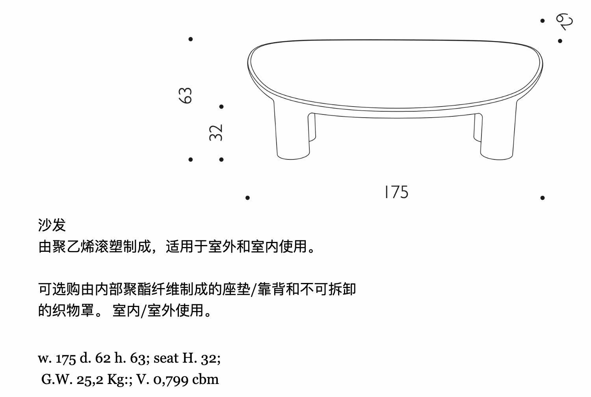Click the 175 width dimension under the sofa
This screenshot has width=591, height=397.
click(x=396, y=192)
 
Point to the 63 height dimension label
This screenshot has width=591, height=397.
click(x=186, y=96)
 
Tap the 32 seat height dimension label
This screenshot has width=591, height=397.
click(x=216, y=133)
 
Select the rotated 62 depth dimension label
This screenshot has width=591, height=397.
click(x=564, y=21)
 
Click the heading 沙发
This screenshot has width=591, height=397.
click(x=52, y=225)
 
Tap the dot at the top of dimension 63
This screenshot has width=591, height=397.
click(x=191, y=39)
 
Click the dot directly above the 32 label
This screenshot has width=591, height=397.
click(x=221, y=107)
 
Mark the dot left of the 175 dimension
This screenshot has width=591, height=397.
click(x=247, y=198)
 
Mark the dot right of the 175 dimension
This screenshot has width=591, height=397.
click(x=543, y=198)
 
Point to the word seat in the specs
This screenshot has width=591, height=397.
click(x=165, y=358)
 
